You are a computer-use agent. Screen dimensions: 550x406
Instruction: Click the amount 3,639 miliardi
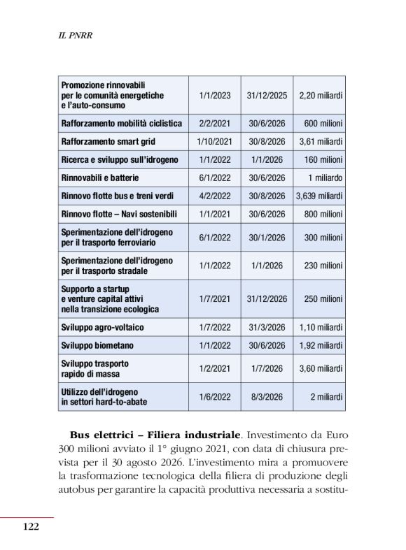(319, 196)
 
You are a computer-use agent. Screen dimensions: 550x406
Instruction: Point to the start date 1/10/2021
(214, 141)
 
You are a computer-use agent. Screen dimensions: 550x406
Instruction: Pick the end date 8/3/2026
(267, 396)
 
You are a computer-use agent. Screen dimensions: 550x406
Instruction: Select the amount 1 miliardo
(325, 178)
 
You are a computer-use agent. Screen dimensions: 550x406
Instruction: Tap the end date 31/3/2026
(267, 327)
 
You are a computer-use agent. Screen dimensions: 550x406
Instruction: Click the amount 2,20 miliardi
(321, 95)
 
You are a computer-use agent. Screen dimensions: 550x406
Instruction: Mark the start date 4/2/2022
(214, 196)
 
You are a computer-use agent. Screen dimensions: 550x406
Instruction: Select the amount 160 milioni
(323, 159)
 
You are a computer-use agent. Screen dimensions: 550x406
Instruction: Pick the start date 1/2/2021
(214, 368)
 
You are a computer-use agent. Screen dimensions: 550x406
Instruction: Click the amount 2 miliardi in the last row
(326, 396)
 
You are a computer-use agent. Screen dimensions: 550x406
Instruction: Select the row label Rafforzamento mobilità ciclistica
(122, 123)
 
